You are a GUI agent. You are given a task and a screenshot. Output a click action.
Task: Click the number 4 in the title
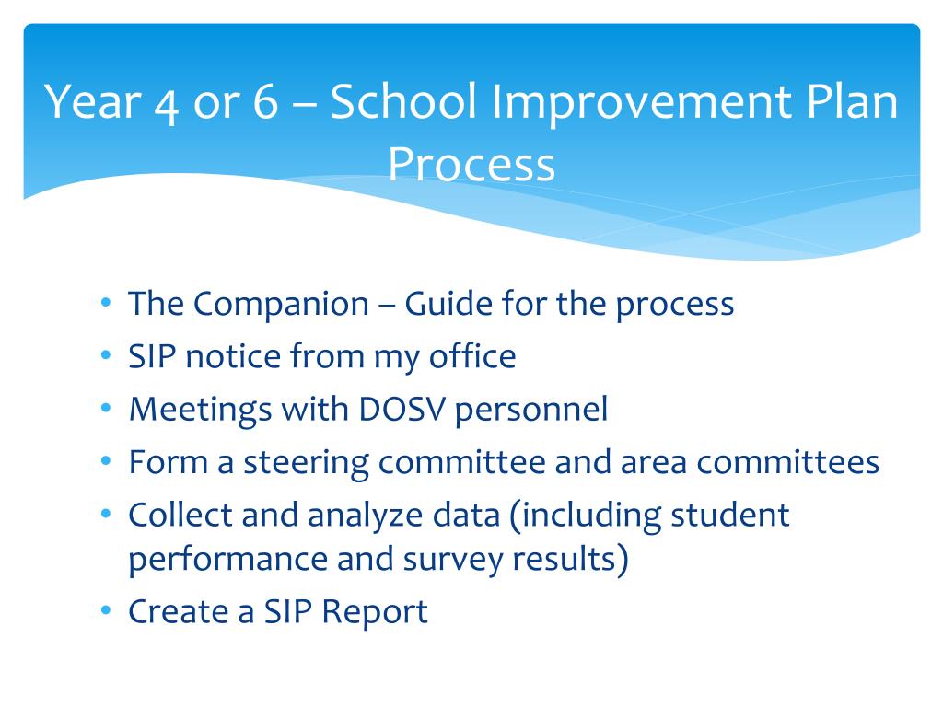pyautogui.click(x=167, y=105)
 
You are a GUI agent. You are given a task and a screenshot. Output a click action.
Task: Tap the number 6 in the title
pyautogui.click(x=265, y=101)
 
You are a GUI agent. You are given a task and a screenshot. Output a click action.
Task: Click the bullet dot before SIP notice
pyautogui.click(x=107, y=356)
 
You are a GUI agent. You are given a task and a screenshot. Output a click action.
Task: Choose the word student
pyautogui.click(x=730, y=515)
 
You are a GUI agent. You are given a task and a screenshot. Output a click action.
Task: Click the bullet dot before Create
pyautogui.click(x=107, y=610)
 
